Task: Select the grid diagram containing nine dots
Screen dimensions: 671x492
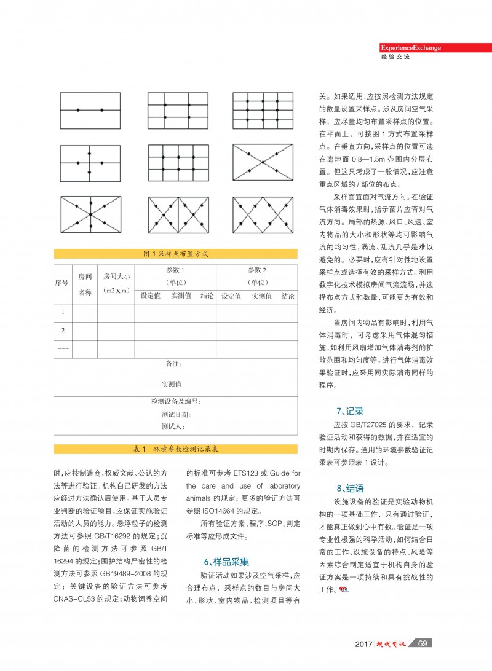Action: (x=263, y=110)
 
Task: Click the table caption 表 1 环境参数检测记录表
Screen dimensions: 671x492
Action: (x=175, y=450)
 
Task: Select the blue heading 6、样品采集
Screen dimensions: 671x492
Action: (x=226, y=562)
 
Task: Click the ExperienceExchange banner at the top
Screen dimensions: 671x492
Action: (x=410, y=48)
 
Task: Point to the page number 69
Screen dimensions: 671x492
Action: (x=422, y=643)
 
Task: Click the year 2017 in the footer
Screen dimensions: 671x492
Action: (x=363, y=643)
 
